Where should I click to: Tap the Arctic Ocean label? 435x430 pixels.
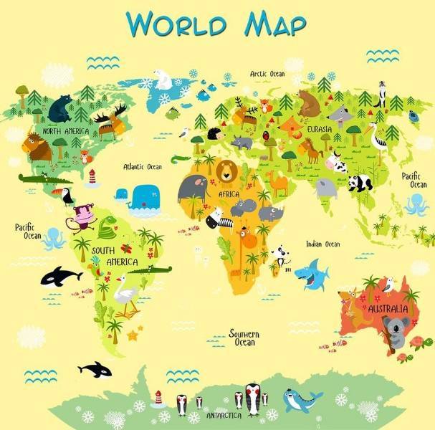click(x=267, y=74)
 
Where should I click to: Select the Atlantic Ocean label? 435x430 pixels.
click(x=143, y=167)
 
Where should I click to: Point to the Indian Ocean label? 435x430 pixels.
click(x=322, y=244)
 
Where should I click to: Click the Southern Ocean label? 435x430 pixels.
click(x=244, y=338)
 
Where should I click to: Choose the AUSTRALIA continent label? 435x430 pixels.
click(x=388, y=310)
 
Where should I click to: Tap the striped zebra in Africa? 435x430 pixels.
click(x=216, y=218)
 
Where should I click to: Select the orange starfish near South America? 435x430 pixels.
click(x=132, y=335)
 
